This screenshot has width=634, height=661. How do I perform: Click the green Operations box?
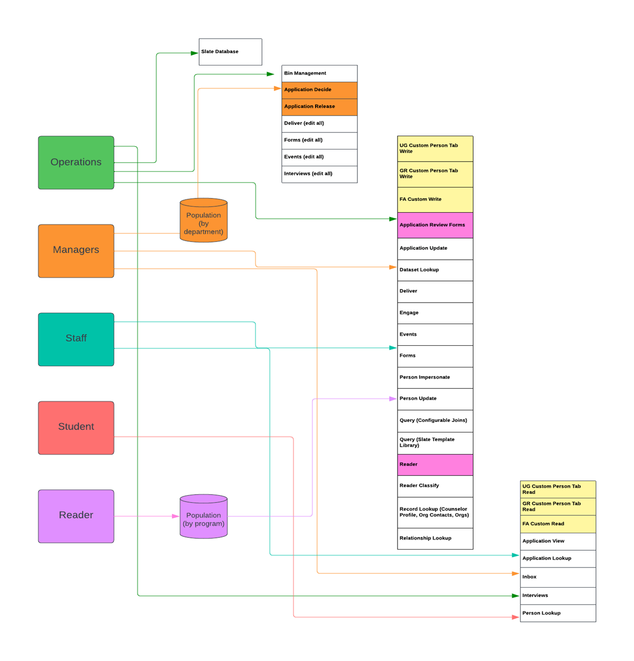coord(76,163)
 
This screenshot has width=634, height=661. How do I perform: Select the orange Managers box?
coord(76,251)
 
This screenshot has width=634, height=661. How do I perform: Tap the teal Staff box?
coord(76,339)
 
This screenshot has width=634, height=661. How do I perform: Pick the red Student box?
coord(76,428)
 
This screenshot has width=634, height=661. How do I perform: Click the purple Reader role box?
coord(76,516)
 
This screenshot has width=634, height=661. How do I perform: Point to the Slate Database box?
coord(230,52)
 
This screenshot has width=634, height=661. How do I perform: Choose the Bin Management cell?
coord(319,73)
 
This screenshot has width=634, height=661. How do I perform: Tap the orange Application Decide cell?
coord(319,90)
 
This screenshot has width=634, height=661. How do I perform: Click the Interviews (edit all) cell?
coord(319,174)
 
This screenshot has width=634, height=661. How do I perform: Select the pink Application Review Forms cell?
coord(435,225)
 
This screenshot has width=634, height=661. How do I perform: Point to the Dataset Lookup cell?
coord(435,270)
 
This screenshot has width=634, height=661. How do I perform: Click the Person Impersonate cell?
coord(435,377)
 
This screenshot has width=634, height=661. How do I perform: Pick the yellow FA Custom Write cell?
coord(435,200)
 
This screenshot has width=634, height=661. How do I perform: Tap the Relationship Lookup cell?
coord(435,539)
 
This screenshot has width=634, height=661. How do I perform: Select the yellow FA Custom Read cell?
coord(558,524)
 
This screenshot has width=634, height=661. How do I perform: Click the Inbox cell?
coord(558,577)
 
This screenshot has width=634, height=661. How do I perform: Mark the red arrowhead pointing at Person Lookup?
coord(516,617)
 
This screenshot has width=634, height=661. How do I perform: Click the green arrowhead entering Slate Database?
coord(194,53)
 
